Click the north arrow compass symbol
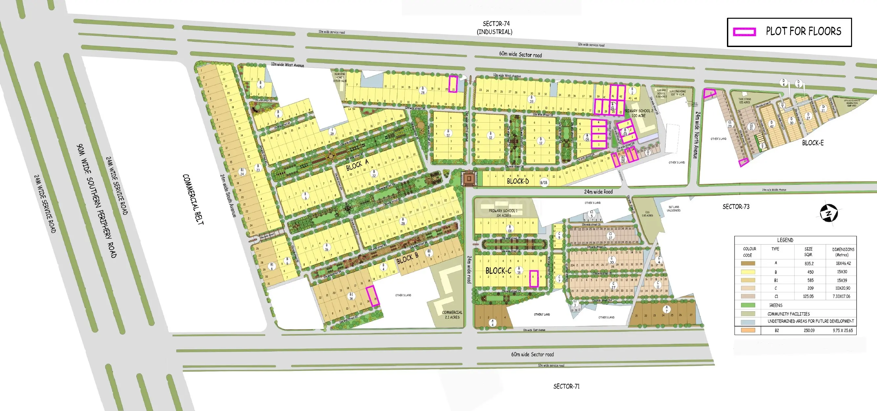click(829, 213)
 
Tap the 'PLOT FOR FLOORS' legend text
click(803, 31)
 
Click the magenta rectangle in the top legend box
click(745, 32)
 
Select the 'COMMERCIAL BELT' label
click(193, 199)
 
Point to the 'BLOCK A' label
click(357, 165)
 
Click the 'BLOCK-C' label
click(498, 271)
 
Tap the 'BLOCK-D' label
click(517, 181)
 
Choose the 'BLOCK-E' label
click(813, 143)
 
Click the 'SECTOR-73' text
click(736, 206)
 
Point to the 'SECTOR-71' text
click(566, 386)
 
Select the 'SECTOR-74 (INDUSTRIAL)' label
click(495, 28)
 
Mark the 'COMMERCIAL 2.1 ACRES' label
click(452, 315)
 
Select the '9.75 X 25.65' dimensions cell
click(843, 330)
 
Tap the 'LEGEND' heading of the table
click(785, 240)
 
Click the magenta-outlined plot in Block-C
click(534, 278)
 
